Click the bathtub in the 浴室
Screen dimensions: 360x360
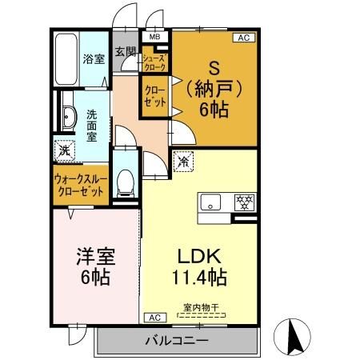[x=66, y=59]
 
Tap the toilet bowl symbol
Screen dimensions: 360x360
[x=126, y=182]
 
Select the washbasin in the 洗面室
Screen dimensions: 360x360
[x=69, y=118]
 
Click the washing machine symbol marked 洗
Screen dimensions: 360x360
[x=65, y=150]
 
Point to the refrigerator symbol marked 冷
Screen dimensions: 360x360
[x=183, y=161]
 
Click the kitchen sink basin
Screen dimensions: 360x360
[x=210, y=202]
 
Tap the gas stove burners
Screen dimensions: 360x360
[x=245, y=202]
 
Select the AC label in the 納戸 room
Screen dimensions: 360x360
[x=244, y=38]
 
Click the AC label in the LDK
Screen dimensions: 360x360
[x=155, y=318]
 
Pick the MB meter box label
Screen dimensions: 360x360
[x=155, y=37]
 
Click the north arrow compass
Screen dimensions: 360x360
[x=292, y=337]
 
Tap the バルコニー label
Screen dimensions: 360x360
[x=177, y=341]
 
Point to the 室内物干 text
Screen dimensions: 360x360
[x=201, y=307]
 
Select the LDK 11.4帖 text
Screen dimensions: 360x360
[x=199, y=266]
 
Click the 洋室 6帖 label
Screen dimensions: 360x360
[x=96, y=266]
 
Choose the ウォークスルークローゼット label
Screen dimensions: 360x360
[x=81, y=186]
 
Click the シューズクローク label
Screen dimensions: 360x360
[x=155, y=62]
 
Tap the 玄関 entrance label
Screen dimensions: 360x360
[x=126, y=51]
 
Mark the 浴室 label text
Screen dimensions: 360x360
[x=94, y=58]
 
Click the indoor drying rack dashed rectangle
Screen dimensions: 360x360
[x=202, y=315]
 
